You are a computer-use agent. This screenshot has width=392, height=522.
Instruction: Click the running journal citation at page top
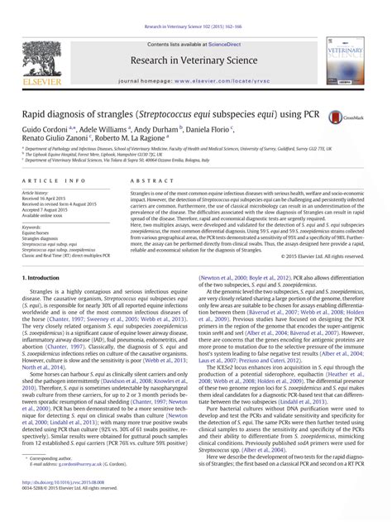(195, 7)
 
